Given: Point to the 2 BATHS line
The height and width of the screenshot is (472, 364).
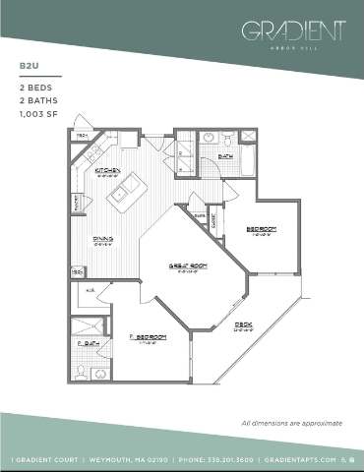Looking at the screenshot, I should tap(36, 100).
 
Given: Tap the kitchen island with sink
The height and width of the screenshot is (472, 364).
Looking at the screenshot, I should tap(127, 192).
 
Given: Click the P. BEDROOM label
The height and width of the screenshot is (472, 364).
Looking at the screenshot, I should tap(149, 337).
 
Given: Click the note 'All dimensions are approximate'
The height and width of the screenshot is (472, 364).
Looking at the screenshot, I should tap(291, 423).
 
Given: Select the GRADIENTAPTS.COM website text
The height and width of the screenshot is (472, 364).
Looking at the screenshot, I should tap(307, 459).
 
